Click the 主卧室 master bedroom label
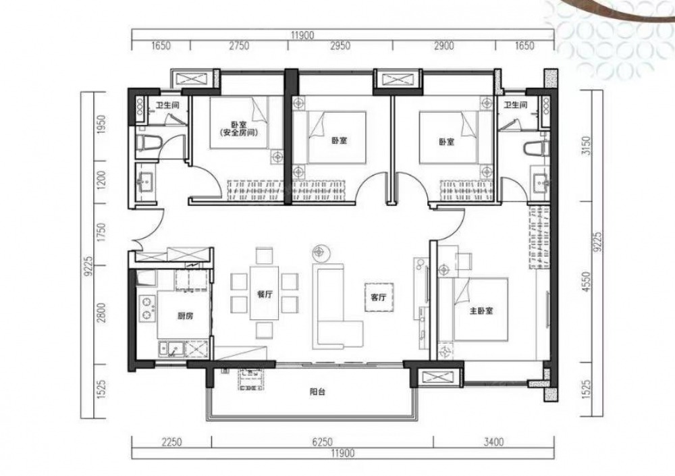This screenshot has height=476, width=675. point(481,310)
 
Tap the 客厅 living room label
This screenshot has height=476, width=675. point(379,297)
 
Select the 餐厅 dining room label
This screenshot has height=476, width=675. point(265,294)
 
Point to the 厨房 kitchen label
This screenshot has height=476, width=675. point(185,316)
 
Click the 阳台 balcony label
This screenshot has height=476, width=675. point(317,392)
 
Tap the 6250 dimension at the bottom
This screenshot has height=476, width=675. point(323,442)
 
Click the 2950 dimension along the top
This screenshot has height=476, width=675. point(340,46)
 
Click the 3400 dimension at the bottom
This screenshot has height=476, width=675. point(493,442)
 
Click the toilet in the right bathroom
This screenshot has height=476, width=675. point(536,149)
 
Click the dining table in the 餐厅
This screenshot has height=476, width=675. point(265,293)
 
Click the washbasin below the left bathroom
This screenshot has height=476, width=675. point(145,182)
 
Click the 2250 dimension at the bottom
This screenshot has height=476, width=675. point(171,442)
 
